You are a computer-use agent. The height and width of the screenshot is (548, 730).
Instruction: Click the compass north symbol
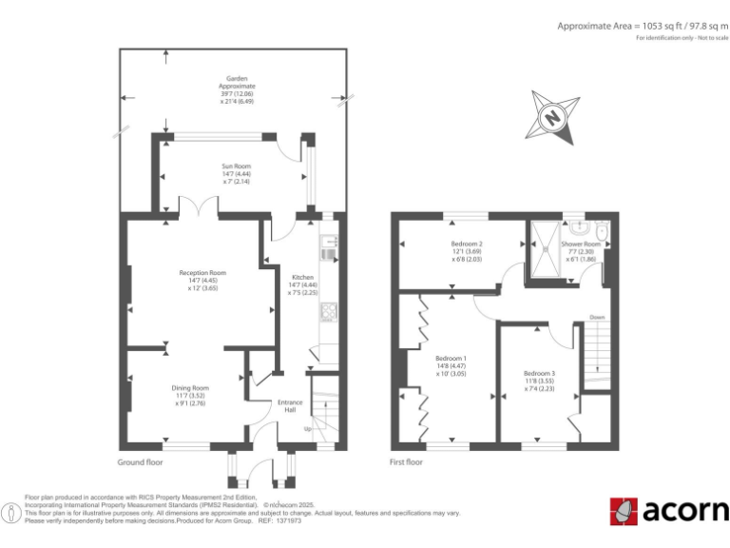550,118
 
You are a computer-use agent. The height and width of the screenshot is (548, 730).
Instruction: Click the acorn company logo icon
624,511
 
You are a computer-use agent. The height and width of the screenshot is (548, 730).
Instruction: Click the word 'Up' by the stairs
306,429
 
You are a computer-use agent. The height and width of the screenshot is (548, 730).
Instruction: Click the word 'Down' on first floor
596,317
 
